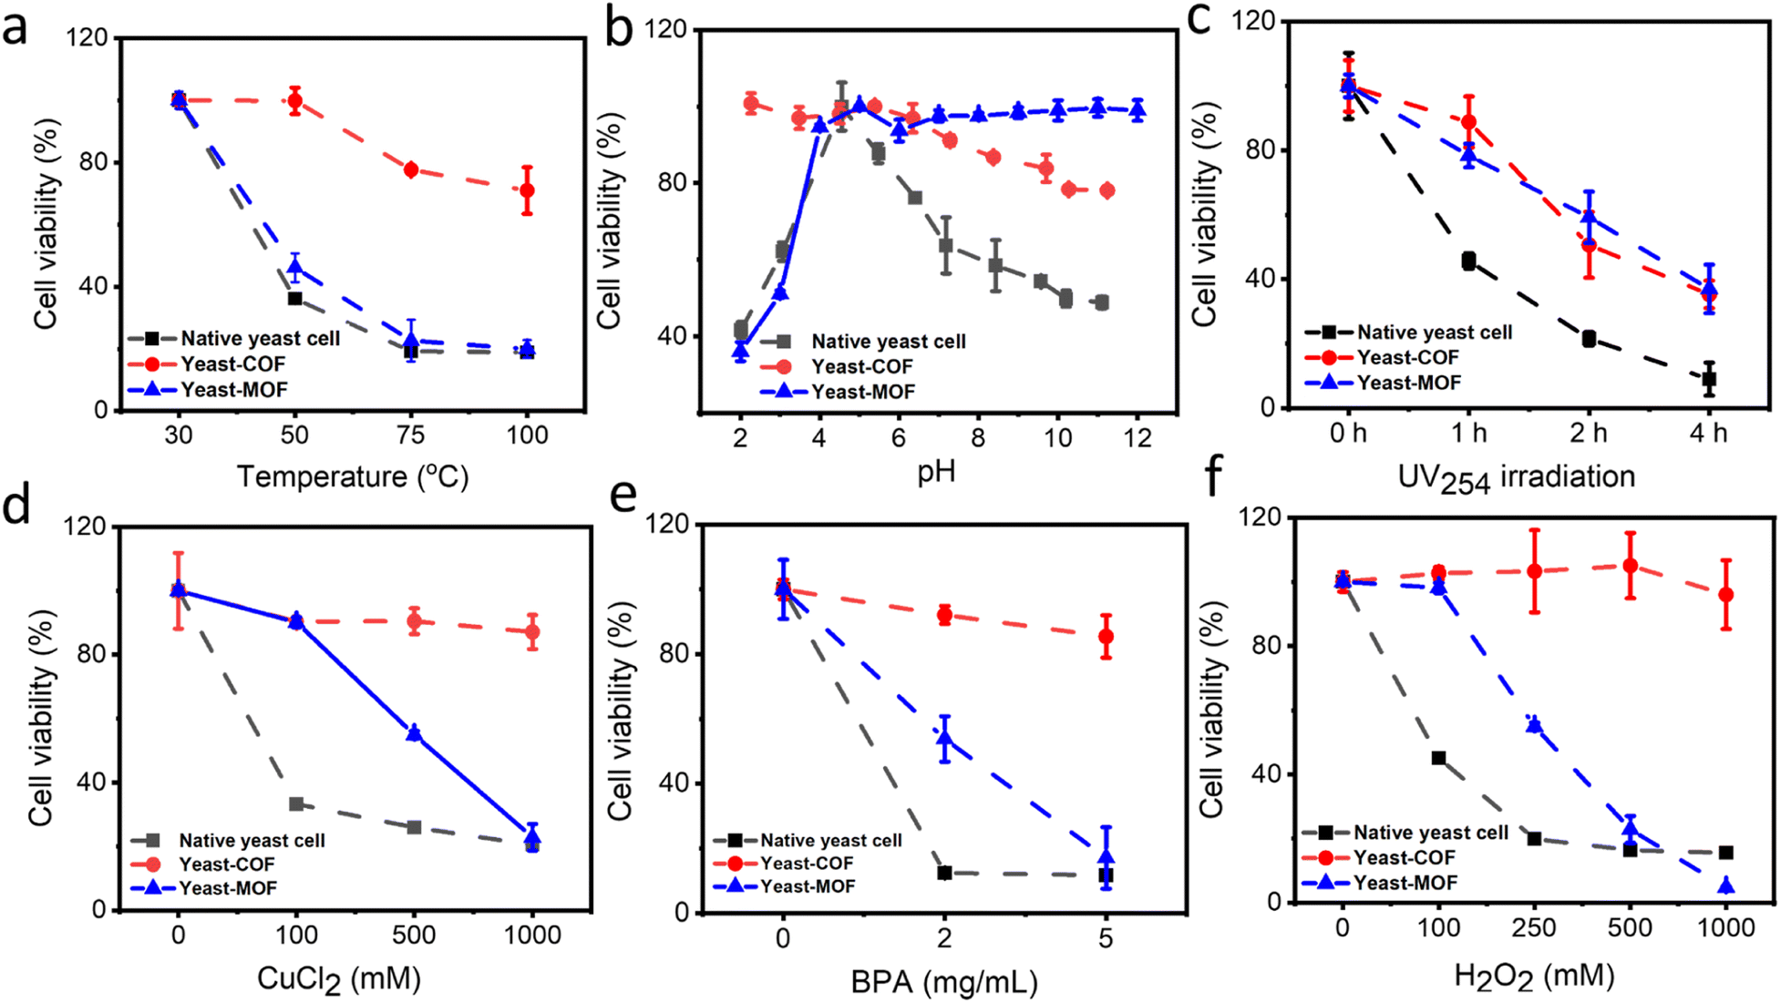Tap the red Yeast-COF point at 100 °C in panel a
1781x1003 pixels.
point(527,190)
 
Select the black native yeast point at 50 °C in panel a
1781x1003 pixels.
point(294,299)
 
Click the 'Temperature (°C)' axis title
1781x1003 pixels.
point(353,476)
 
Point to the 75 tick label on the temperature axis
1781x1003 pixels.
point(411,435)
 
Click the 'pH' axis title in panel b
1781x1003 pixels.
point(936,471)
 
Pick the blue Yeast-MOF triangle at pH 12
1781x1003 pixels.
point(1137,111)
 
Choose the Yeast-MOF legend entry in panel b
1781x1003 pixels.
point(861,393)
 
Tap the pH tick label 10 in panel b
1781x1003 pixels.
point(1057,438)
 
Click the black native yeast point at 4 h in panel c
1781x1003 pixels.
point(1708,379)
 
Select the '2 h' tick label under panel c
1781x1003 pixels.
point(1589,433)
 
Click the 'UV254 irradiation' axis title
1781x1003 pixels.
point(1516,477)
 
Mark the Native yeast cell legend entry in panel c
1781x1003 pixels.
point(1433,333)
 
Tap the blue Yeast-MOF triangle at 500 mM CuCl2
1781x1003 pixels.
point(414,732)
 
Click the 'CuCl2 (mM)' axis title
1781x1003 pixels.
point(338,979)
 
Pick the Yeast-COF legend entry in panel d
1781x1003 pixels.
point(226,865)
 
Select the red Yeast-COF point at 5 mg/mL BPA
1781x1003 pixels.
point(1106,637)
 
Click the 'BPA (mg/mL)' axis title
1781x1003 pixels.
point(943,982)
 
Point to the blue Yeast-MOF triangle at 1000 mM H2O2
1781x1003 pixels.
point(1725,885)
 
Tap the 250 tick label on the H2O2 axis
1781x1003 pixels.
point(1534,928)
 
